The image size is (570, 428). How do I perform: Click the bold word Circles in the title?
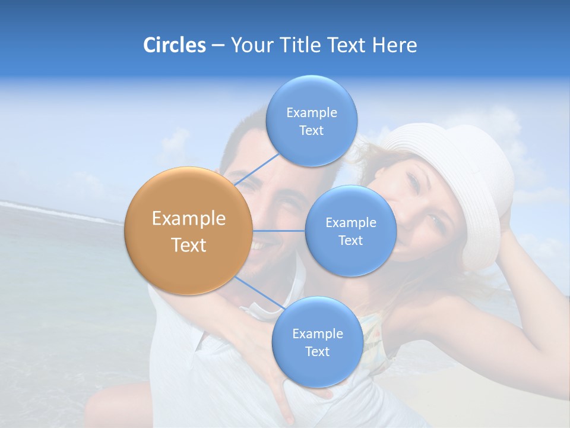click(x=174, y=45)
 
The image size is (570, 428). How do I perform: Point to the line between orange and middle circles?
click(x=279, y=231)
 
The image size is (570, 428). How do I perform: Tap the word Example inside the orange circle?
click(x=188, y=219)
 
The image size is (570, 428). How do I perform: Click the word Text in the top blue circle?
click(x=311, y=131)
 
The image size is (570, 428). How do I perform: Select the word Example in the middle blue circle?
click(x=350, y=222)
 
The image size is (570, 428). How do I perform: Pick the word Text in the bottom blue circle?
click(x=317, y=351)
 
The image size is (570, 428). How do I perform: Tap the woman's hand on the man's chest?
click(x=279, y=380)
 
